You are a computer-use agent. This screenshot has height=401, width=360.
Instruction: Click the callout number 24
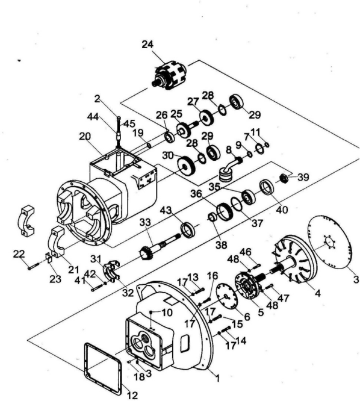[x=147, y=45]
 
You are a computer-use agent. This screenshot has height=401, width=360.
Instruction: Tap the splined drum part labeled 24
[x=169, y=75]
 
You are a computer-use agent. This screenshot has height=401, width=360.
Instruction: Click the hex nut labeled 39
[x=284, y=177]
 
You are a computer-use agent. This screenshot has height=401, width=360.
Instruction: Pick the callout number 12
[x=132, y=396]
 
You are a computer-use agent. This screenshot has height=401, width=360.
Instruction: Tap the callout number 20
[x=85, y=137]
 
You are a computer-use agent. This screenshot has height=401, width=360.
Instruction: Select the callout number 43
[x=166, y=211]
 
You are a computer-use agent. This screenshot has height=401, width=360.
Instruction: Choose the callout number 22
[x=19, y=254]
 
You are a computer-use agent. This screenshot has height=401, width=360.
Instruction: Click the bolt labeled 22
[x=34, y=266]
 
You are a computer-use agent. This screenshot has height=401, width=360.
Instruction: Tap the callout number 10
[x=167, y=312]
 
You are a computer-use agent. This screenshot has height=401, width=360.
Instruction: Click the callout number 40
[x=282, y=210]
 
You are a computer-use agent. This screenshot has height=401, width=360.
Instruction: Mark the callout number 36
[x=196, y=194]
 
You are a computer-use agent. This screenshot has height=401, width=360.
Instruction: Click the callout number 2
[x=97, y=99]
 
